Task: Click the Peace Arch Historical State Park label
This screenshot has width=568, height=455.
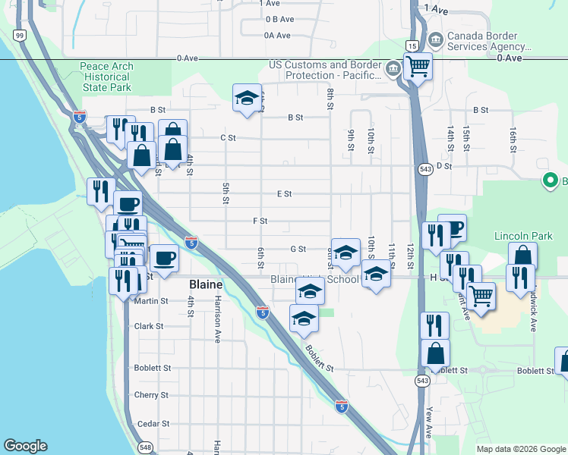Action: click(106, 77)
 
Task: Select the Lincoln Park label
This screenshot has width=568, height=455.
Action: click(523, 236)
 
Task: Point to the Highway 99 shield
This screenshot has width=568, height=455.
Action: click(20, 35)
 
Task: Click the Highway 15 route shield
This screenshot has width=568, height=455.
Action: click(412, 45)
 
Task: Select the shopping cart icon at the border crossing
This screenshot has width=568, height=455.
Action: click(417, 66)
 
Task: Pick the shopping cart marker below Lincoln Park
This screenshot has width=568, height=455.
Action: click(481, 296)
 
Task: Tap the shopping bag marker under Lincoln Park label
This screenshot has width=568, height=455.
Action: click(522, 256)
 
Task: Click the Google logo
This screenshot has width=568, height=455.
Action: click(25, 446)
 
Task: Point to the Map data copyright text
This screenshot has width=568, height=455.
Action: click(521, 449)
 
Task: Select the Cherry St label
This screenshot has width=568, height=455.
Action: click(150, 395)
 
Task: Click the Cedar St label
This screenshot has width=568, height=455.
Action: click(151, 424)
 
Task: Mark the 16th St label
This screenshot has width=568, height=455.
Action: click(513, 141)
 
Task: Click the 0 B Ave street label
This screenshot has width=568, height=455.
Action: click(279, 19)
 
